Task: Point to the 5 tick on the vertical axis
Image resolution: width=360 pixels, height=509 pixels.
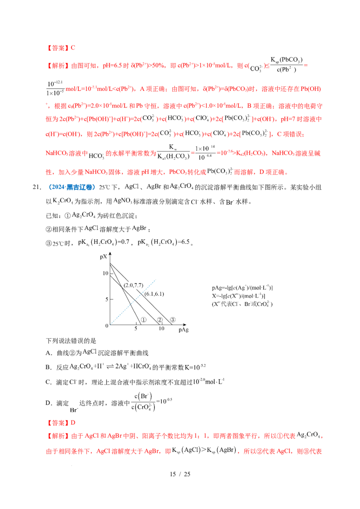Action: click(x=107, y=298)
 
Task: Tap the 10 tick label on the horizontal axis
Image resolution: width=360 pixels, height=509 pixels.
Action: click(x=162, y=329)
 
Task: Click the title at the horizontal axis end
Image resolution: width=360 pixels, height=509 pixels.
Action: click(x=183, y=331)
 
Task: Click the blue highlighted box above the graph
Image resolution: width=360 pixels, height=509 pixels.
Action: click(x=72, y=187)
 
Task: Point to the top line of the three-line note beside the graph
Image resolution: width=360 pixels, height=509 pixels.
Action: click(x=242, y=288)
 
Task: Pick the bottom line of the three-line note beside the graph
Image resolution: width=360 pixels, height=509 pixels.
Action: click(x=242, y=304)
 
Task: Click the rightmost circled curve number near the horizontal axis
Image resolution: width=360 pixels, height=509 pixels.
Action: click(x=173, y=320)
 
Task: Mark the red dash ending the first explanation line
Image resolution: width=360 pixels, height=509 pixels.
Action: click(x=306, y=66)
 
